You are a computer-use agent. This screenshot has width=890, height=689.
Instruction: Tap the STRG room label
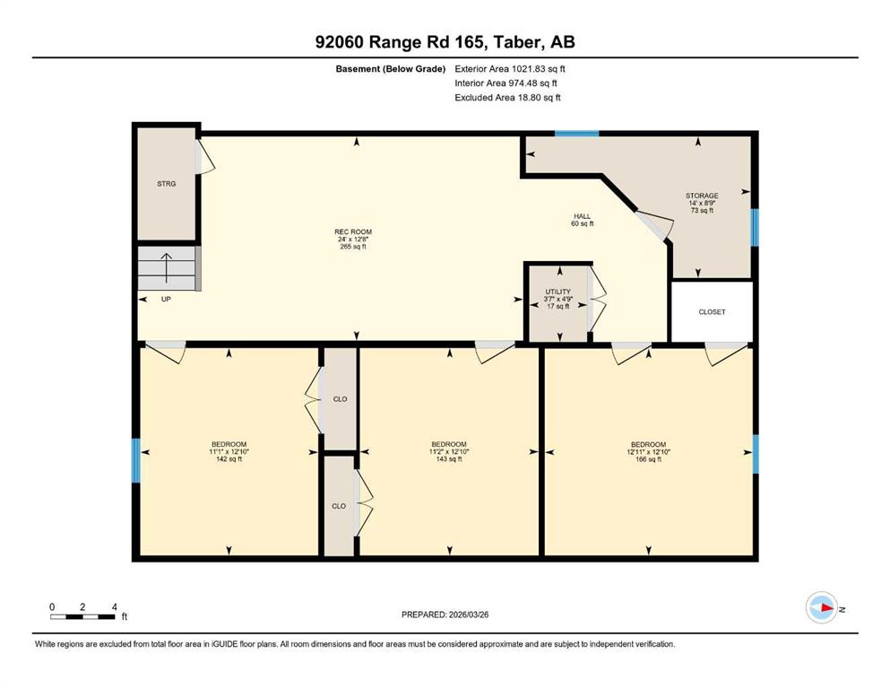tap(167, 184)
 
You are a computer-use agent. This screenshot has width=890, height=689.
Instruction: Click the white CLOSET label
tap(712, 312)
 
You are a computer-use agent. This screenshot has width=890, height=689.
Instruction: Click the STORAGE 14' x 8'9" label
tap(702, 203)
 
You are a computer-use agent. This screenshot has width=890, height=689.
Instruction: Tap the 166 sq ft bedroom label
tap(648, 451)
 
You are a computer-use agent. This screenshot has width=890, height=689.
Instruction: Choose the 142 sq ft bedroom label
tap(229, 451)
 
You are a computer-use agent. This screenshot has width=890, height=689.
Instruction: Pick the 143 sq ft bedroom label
tap(449, 451)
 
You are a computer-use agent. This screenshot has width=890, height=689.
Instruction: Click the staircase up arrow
tap(167, 268)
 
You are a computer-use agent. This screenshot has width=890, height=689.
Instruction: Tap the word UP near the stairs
tap(166, 299)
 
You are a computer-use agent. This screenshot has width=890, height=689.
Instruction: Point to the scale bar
tap(82, 616)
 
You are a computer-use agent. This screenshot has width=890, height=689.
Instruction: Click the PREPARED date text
tap(445, 615)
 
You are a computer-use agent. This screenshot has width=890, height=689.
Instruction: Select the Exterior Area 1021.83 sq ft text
tap(510, 69)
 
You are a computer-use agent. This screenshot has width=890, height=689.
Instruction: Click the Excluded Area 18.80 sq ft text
tap(507, 97)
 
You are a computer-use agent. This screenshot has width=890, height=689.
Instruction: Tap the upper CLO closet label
tap(340, 399)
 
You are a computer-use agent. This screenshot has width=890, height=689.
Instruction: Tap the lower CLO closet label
tap(339, 506)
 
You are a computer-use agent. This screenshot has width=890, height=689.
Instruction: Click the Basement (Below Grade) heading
tap(391, 69)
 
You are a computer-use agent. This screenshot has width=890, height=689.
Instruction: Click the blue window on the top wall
tap(576, 134)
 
